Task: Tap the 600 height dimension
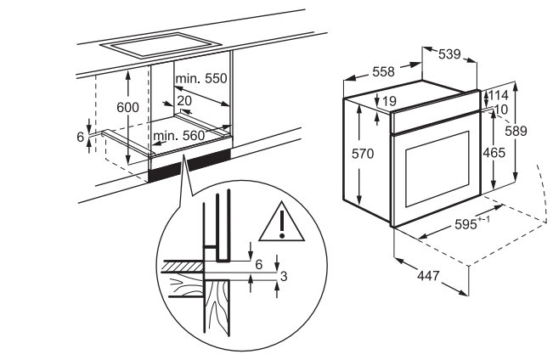click(x=127, y=109)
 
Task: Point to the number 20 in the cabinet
click(x=183, y=99)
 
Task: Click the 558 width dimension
click(x=383, y=73)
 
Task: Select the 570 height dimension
click(x=363, y=155)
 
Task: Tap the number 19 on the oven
click(x=390, y=102)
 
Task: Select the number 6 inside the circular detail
click(x=259, y=264)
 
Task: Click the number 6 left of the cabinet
click(x=82, y=138)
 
